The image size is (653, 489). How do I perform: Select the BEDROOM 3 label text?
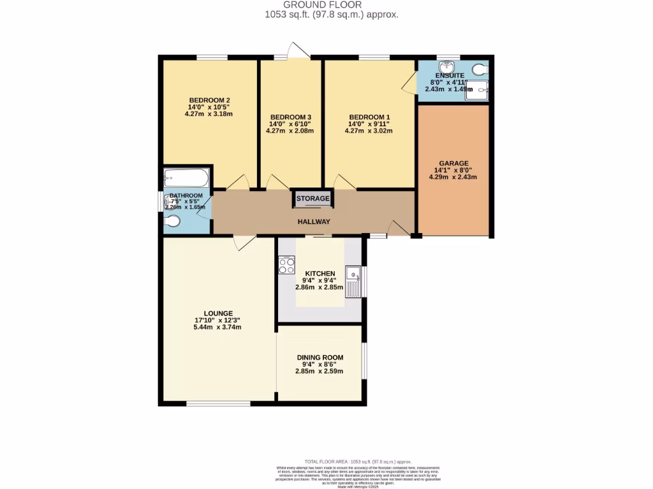click(290, 117)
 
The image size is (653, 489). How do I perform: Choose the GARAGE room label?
click(453, 163)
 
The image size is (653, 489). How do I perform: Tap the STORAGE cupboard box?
click(312, 199)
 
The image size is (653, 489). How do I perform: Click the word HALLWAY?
click(314, 222)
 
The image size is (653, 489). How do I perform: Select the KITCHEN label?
click(319, 273)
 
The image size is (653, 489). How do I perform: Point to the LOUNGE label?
click(218, 313)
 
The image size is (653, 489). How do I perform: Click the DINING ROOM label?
click(319, 357)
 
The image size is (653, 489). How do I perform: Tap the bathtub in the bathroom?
click(186, 176)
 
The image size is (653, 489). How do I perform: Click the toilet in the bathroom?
click(172, 221)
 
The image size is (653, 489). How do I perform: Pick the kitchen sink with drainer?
click(353, 281)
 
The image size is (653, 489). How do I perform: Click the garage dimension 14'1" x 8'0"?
click(453, 170)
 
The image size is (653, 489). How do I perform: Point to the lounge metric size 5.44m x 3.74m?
click(217, 327)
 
